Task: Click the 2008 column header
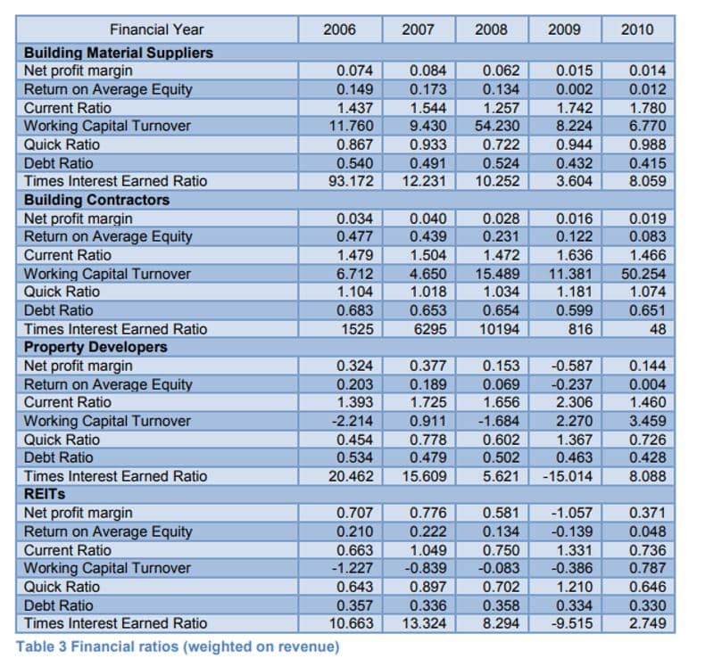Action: pyautogui.click(x=491, y=29)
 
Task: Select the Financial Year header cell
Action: pyautogui.click(x=156, y=29)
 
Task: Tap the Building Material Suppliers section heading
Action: pyautogui.click(x=119, y=53)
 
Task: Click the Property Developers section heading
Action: pyautogui.click(x=95, y=347)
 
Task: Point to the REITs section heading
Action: pyautogui.click(x=45, y=494)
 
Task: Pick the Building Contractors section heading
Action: pyautogui.click(x=96, y=200)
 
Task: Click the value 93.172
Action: pyautogui.click(x=351, y=181)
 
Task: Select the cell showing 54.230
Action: pyautogui.click(x=497, y=126)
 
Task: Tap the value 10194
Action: pyautogui.click(x=499, y=329)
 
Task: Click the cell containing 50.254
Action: pyautogui.click(x=643, y=274)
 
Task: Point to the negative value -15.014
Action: pyautogui.click(x=568, y=476)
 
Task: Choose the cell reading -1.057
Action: pyautogui.click(x=572, y=513)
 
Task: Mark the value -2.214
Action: pyautogui.click(x=352, y=421)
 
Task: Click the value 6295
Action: pyautogui.click(x=430, y=329)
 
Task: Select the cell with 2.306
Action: pyautogui.click(x=575, y=402)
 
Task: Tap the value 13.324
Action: pyautogui.click(x=424, y=623)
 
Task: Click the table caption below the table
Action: pyautogui.click(x=178, y=646)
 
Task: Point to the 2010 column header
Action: pyautogui.click(x=637, y=29)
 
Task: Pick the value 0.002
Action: pyautogui.click(x=575, y=89)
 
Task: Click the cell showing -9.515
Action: pyautogui.click(x=572, y=623)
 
